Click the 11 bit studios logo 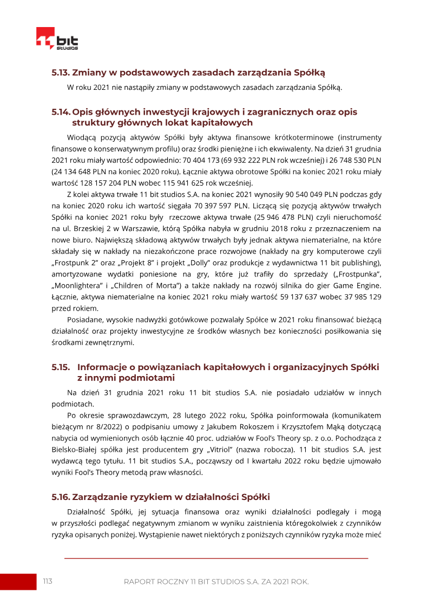click(57, 39)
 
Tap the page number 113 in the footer click(48, 581)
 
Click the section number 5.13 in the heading click(60, 71)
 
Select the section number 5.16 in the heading click(61, 497)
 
